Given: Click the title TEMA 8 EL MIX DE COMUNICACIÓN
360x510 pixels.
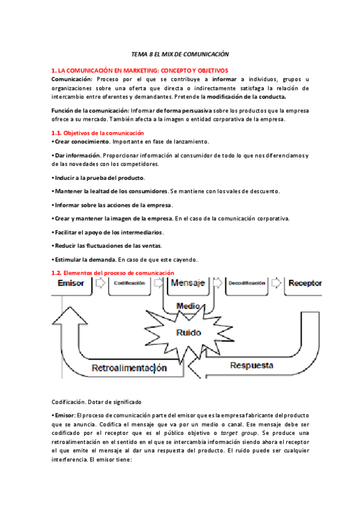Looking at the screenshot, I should [180, 54].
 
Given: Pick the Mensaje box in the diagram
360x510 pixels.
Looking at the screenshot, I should [188, 283].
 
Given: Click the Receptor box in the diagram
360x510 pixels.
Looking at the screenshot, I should [305, 283].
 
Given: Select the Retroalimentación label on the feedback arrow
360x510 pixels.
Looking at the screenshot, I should [129, 367].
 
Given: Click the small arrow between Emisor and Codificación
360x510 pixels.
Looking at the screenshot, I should [100, 283].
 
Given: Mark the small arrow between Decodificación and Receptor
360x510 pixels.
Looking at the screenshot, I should [276, 283].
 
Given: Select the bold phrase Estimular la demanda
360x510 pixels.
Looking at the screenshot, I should [84, 259].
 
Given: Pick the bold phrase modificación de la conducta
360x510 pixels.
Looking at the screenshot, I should [246, 96].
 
